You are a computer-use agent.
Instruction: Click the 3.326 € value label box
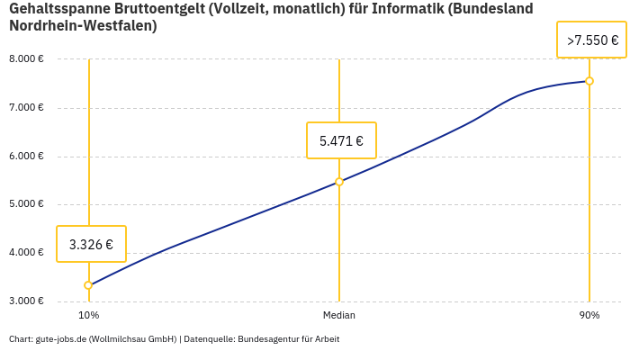click(x=91, y=244)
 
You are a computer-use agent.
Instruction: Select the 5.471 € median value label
click(x=341, y=140)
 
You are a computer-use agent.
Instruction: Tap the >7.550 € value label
click(x=591, y=40)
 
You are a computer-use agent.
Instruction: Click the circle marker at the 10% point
click(x=88, y=285)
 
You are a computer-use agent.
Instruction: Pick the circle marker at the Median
click(x=339, y=182)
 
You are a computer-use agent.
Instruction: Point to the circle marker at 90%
click(x=589, y=81)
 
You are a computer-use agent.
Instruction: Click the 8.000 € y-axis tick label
click(x=26, y=59)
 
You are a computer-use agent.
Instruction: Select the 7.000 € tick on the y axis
click(x=26, y=108)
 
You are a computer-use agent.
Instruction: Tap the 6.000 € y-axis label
click(x=26, y=156)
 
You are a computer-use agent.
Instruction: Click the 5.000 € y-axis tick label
click(x=26, y=204)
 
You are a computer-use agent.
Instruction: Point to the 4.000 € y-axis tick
click(x=26, y=252)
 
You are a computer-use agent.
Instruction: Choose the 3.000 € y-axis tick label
click(x=26, y=301)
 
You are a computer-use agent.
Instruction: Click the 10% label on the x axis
click(x=88, y=316)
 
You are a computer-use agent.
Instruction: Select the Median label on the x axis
click(x=339, y=316)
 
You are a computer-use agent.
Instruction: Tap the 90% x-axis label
click(x=589, y=316)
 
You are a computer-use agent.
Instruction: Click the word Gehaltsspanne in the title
click(x=60, y=9)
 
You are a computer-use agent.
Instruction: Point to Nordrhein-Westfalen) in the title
click(x=83, y=26)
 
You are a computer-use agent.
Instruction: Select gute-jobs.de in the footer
click(x=60, y=339)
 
